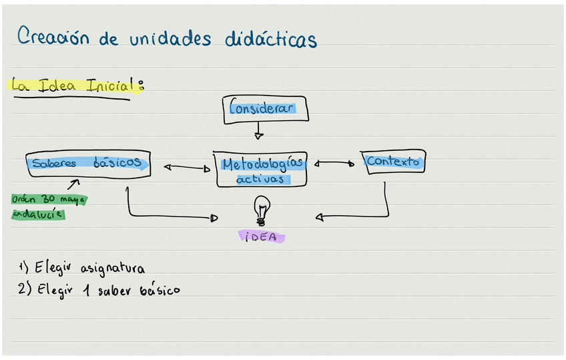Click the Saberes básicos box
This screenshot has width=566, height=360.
click(x=88, y=164)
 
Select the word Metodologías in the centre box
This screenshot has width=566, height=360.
click(x=262, y=164)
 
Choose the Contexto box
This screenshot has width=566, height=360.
click(x=394, y=162)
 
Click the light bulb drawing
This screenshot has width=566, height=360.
click(x=262, y=210)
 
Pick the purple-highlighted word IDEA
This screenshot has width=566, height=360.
click(x=261, y=236)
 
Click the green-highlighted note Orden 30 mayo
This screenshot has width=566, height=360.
click(x=49, y=199)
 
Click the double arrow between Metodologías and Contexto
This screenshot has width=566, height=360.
click(x=334, y=162)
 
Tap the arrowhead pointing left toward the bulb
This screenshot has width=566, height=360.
click(x=320, y=216)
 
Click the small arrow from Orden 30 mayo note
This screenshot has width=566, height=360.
click(x=73, y=182)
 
